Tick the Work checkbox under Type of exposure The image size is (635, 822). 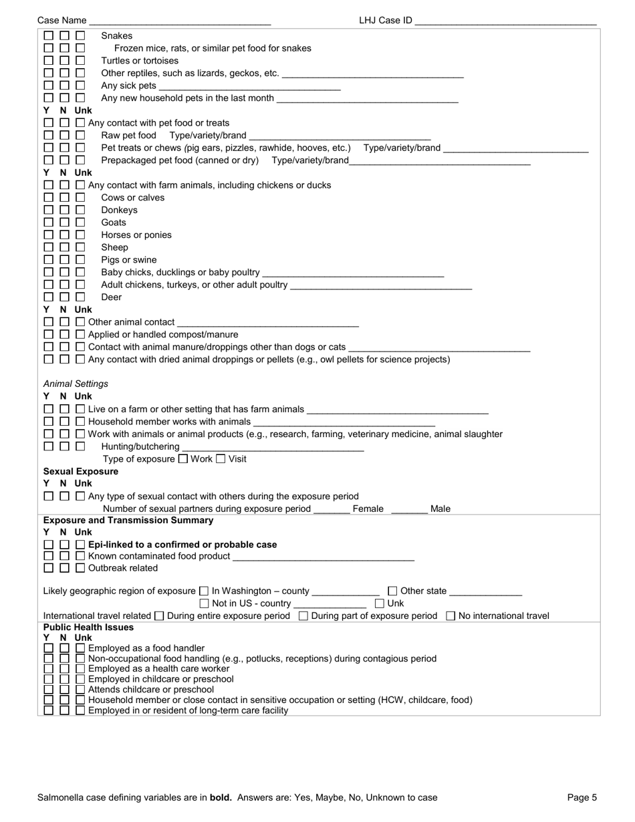pyautogui.click(x=183, y=459)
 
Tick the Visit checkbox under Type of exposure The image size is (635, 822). pyautogui.click(x=221, y=459)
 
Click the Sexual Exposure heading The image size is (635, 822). pyautogui.click(x=81, y=471)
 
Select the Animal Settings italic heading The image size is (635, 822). pyautogui.click(x=76, y=384)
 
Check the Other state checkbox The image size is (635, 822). pyautogui.click(x=392, y=591)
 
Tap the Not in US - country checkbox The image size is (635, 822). pyautogui.click(x=205, y=603)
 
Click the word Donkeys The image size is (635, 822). pyautogui.click(x=119, y=210)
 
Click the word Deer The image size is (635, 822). pyautogui.click(x=111, y=297)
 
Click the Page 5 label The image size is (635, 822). pyautogui.click(x=582, y=797)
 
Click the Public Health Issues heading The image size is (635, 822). pyautogui.click(x=88, y=628)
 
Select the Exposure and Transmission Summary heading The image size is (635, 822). pyautogui.click(x=128, y=520)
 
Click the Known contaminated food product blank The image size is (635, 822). pyautogui.click(x=324, y=557)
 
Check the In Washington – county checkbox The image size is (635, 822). pyautogui.click(x=204, y=591)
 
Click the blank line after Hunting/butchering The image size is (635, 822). pyautogui.click(x=273, y=448)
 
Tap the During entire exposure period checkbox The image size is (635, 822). pyautogui.click(x=159, y=615)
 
